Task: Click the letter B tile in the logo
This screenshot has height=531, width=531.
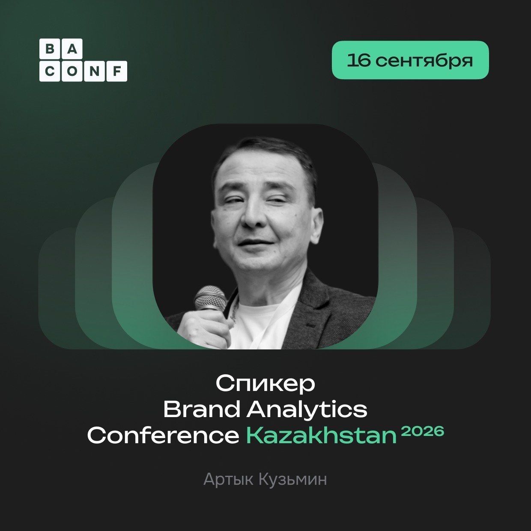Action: pyautogui.click(x=50, y=49)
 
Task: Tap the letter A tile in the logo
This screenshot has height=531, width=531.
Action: pyautogui.click(x=72, y=49)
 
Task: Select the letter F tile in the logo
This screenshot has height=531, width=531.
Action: pyautogui.click(x=117, y=71)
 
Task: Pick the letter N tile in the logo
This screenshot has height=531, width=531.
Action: pyautogui.click(x=95, y=71)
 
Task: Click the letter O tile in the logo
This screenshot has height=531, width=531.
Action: pyautogui.click(x=72, y=71)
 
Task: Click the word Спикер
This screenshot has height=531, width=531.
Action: pyautogui.click(x=265, y=385)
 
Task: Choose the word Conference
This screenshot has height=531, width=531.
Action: pyautogui.click(x=163, y=436)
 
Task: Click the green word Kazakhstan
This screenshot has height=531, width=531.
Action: pyautogui.click(x=321, y=436)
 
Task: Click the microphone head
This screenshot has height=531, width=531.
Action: pyautogui.click(x=210, y=299)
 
